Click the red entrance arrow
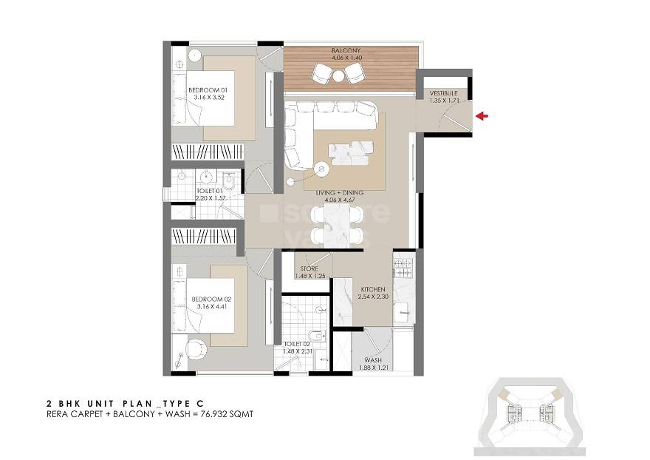[x=483, y=115]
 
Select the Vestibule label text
[x=444, y=94]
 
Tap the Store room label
[x=308, y=269]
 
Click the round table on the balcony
[x=338, y=75]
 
